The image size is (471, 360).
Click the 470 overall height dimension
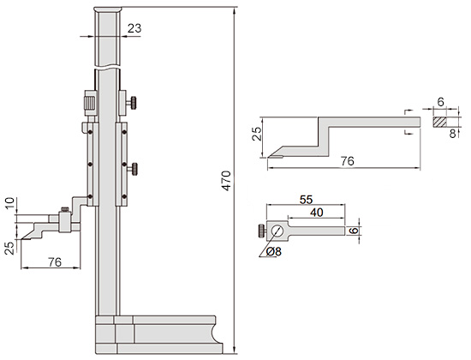coord(226,181)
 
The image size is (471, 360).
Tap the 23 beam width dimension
coord(134,28)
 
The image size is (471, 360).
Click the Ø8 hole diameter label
coord(274,251)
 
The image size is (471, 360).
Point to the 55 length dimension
coord(306,200)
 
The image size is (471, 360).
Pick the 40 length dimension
coord(317,213)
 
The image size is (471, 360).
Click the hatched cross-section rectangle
coord(440,122)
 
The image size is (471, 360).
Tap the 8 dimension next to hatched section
coord(453,133)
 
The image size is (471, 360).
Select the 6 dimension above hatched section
coord(440,102)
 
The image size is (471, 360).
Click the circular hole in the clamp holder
coord(277,231)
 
